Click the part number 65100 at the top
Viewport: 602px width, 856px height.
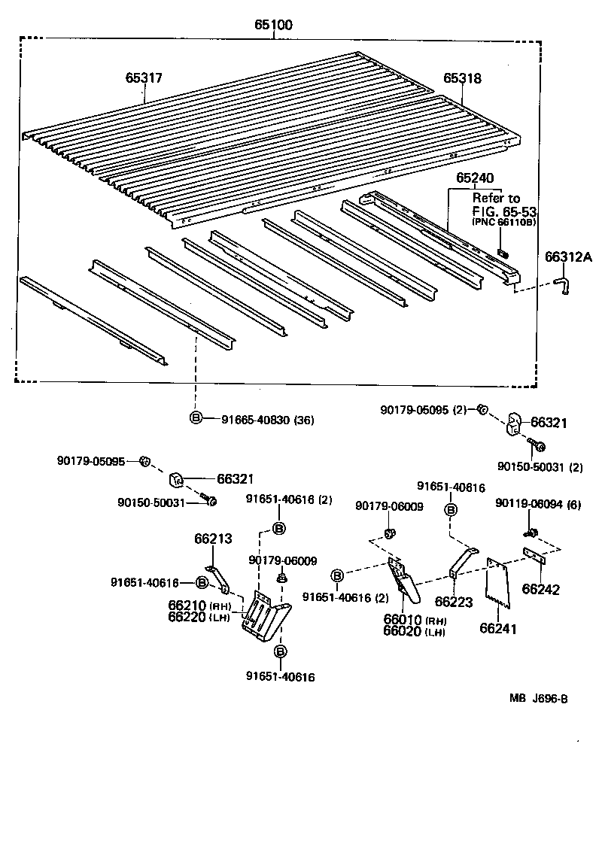tap(273, 25)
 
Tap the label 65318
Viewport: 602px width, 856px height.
tap(462, 77)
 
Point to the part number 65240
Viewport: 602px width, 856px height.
tap(474, 179)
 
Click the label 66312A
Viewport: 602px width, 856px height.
tap(568, 257)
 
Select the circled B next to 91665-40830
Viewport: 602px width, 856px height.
tap(195, 418)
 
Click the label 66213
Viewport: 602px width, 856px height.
tap(213, 539)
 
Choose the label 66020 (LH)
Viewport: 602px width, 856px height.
tap(414, 631)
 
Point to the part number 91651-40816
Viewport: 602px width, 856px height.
tap(451, 487)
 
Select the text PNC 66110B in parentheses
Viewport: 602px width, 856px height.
tap(503, 223)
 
